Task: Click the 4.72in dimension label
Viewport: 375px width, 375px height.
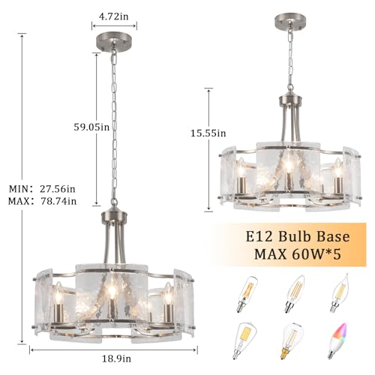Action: click(114, 16)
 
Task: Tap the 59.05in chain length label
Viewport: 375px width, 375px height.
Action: click(91, 127)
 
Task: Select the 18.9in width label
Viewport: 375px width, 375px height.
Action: click(116, 359)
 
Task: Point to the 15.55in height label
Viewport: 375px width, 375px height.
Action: click(208, 133)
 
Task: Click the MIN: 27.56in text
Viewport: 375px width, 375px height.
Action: click(42, 189)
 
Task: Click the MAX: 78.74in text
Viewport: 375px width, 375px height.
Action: click(42, 201)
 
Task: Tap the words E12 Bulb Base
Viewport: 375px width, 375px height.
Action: click(298, 236)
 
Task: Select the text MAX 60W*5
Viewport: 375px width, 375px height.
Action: click(298, 254)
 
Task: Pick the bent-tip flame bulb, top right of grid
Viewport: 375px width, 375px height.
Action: click(339, 293)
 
